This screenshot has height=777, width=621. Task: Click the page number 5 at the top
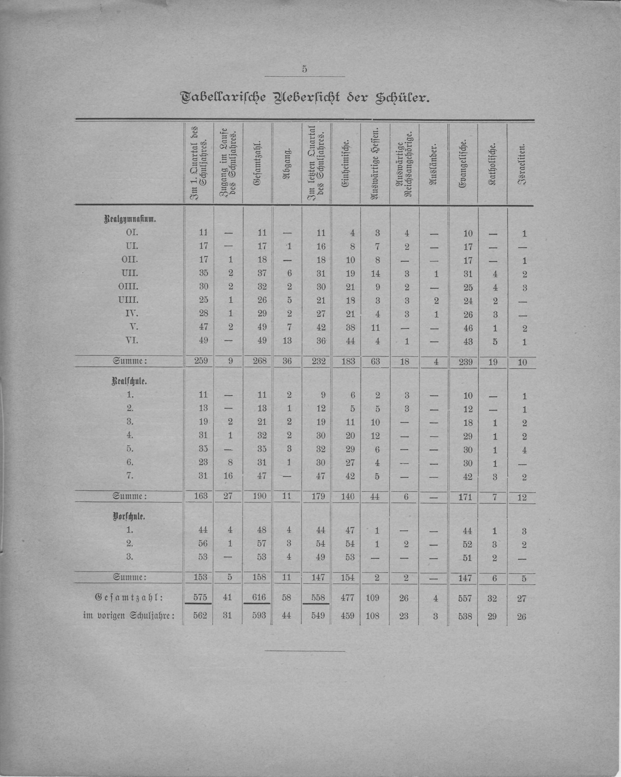(x=305, y=70)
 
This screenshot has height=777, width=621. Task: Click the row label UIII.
(x=129, y=300)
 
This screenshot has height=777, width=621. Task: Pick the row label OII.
(x=129, y=260)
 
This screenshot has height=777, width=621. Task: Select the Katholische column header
(x=492, y=164)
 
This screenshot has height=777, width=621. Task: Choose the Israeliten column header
(x=522, y=164)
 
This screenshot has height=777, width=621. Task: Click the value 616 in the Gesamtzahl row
(x=259, y=598)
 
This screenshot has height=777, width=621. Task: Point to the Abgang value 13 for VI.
(x=287, y=341)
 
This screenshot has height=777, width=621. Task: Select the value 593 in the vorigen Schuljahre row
(x=259, y=616)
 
